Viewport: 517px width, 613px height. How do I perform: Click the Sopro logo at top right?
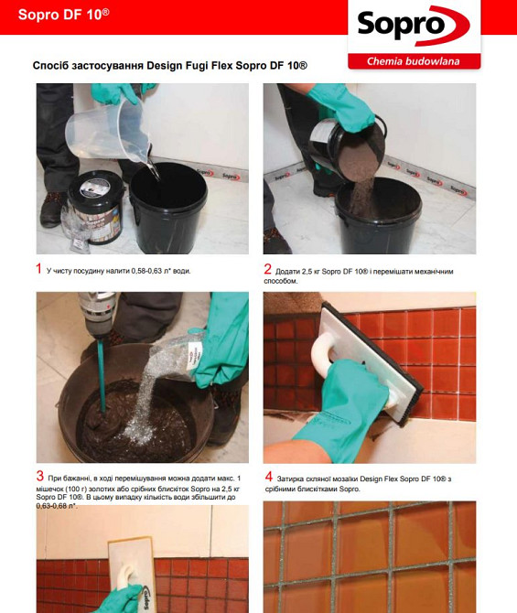click(x=414, y=26)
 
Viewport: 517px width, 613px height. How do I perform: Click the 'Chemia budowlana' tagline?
click(x=413, y=61)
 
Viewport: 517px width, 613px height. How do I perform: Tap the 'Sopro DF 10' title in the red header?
click(x=64, y=15)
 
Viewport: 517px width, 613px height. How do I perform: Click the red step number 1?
click(x=38, y=269)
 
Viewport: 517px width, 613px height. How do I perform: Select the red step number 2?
click(x=267, y=269)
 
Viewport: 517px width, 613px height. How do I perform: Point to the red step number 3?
click(x=40, y=476)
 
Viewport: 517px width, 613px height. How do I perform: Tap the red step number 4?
click(x=269, y=477)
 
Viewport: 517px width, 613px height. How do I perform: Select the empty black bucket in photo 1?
click(x=168, y=207)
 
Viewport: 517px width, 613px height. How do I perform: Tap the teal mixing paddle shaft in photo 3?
click(x=100, y=374)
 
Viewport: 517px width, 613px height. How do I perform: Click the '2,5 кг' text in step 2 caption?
click(x=308, y=272)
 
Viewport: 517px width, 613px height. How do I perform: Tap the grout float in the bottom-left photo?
click(x=132, y=575)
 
